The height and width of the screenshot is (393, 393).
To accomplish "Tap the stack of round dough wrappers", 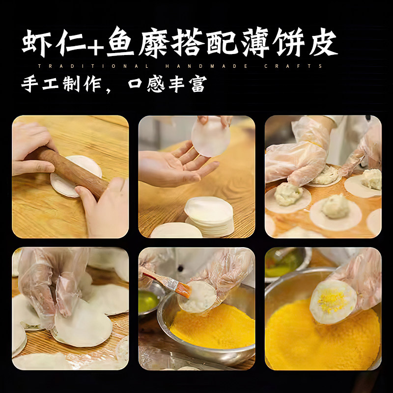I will coord(210,216).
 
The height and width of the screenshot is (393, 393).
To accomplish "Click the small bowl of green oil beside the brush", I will coord(148,301).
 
